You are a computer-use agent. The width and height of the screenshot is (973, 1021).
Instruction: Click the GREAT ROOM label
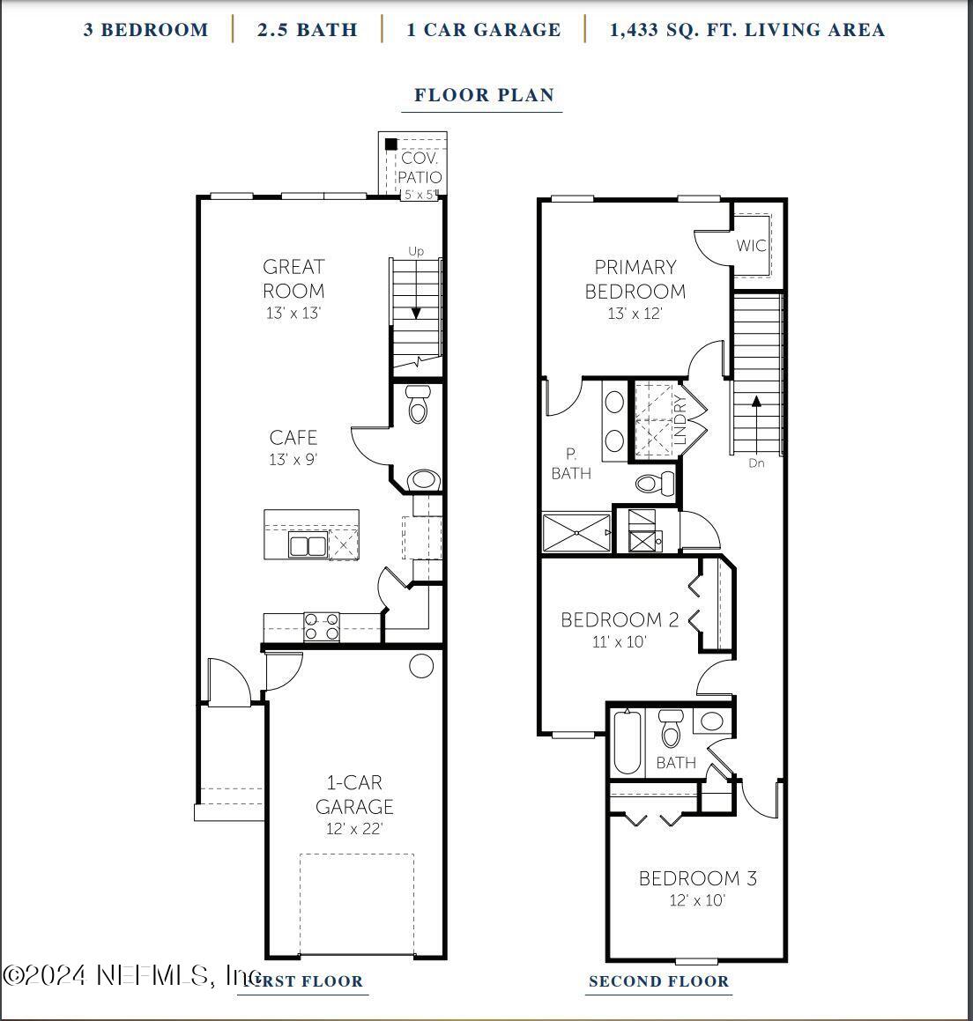[x=293, y=278]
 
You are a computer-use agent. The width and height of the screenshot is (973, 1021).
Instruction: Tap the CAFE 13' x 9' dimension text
[x=293, y=460]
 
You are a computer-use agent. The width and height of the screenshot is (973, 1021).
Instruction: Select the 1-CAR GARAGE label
[x=354, y=795]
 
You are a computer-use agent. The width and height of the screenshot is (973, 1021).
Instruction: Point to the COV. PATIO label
[x=420, y=167]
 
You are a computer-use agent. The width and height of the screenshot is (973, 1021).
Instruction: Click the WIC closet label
[x=751, y=246]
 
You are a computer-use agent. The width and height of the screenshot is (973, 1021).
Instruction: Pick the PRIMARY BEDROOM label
[x=635, y=278]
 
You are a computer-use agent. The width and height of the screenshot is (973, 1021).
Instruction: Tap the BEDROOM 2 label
[x=620, y=620]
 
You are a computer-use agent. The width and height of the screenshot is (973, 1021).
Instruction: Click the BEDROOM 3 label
[x=697, y=878]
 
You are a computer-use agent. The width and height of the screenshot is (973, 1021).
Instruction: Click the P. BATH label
[x=571, y=464]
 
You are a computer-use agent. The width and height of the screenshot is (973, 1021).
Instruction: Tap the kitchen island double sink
[x=307, y=546]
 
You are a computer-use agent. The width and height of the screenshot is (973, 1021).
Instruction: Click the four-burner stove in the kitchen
[x=322, y=626]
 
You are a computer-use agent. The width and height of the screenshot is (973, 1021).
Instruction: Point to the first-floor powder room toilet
[x=419, y=403]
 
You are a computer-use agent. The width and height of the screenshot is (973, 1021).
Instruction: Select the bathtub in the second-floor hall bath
[x=627, y=743]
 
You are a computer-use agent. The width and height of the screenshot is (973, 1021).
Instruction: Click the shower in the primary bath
[x=576, y=533]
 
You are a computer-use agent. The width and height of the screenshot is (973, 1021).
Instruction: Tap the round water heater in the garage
[x=421, y=666]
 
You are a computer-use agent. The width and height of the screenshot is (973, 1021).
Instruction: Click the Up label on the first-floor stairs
[x=416, y=252]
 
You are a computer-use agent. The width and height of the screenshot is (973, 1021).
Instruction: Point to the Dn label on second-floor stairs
[x=756, y=463]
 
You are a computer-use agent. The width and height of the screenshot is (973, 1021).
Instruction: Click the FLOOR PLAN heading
[x=484, y=95]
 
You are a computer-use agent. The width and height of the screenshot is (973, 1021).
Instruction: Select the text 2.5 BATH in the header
[x=308, y=30]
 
